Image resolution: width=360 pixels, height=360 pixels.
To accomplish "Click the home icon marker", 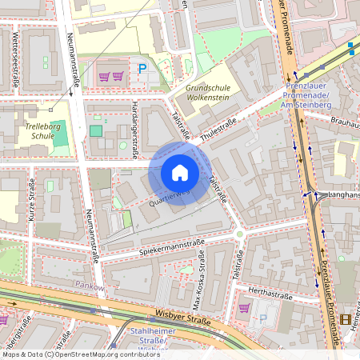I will click(x=180, y=173).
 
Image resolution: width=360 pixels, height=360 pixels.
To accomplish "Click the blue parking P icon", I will click(x=142, y=69).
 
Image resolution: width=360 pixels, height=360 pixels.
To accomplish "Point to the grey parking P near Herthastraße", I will click(x=262, y=318).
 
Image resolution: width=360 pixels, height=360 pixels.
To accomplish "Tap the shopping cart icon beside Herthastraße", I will click(x=243, y=307).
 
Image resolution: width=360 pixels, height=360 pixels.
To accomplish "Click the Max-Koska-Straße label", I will click(x=198, y=280).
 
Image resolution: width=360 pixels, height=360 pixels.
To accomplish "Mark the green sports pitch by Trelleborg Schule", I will click(x=58, y=134).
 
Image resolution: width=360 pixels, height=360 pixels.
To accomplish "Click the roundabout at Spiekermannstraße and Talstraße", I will click(x=239, y=234).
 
